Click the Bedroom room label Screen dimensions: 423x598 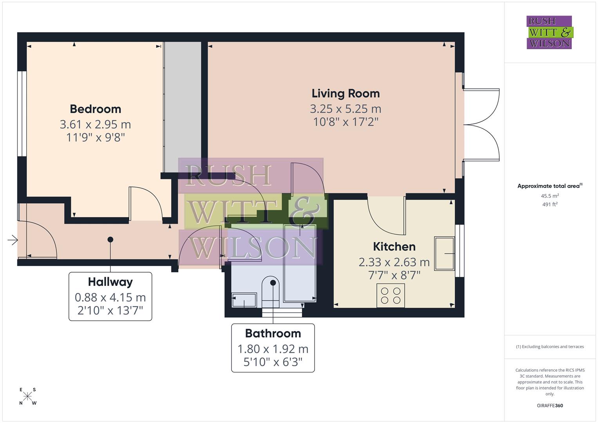point(95,109)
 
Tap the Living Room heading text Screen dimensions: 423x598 point(345,94)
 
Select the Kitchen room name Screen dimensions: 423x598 point(394,247)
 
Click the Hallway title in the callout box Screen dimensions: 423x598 point(110,282)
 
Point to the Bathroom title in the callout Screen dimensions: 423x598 point(273,334)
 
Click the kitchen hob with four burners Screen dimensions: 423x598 point(390,296)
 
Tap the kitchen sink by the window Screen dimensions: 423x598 point(444,253)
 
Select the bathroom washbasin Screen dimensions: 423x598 point(244,301)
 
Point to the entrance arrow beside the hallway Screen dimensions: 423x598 point(13,240)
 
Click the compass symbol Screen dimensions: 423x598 point(28,396)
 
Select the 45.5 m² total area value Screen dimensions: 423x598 point(549,196)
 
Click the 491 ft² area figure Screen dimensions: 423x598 point(549,204)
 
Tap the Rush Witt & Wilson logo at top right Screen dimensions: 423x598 point(549,33)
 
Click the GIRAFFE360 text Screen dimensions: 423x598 point(549,406)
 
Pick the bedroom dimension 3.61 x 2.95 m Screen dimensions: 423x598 point(95,125)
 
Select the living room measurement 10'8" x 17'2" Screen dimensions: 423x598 point(345,122)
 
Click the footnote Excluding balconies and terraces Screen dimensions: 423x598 point(549,347)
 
